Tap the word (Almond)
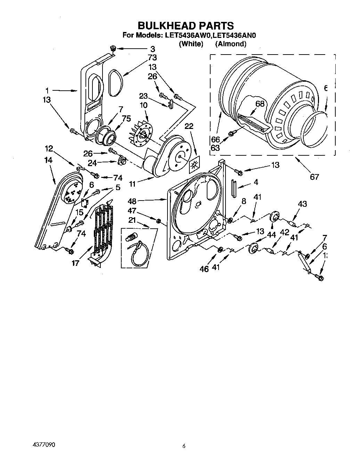coord(231,44)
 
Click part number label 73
coord(152,58)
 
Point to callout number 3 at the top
coord(152,49)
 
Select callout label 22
coord(188,127)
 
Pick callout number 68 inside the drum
coord(260,104)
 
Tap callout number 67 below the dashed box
coord(314,177)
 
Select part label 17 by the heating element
coord(75,263)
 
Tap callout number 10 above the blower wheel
coord(143,105)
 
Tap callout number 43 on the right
coord(302,204)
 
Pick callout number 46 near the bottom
coord(204,269)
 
